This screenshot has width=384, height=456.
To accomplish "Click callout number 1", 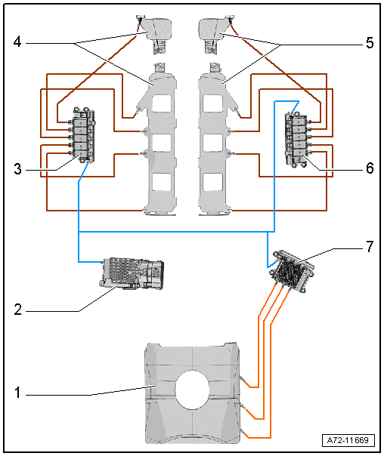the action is [17, 393].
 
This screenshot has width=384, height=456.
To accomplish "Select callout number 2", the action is [17, 310].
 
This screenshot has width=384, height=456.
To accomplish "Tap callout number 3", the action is [17, 168].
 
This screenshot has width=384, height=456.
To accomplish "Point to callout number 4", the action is [17, 42].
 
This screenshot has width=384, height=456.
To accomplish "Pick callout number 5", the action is [370, 43].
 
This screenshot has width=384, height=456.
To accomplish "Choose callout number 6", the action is [370, 168].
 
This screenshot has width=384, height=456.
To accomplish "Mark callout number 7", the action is [370, 247].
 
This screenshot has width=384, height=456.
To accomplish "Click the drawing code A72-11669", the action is [348, 440].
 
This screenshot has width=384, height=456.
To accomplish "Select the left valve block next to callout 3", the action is [83, 136].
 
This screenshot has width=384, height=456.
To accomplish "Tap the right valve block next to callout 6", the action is [299, 140].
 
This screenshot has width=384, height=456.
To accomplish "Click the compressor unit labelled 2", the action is [132, 273].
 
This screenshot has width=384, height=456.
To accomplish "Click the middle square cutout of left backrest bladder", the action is [161, 143].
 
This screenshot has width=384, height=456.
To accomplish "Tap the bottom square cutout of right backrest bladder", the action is [213, 182].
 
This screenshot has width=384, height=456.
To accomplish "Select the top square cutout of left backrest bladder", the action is [161, 103].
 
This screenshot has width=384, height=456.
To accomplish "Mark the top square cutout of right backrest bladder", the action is [213, 103].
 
